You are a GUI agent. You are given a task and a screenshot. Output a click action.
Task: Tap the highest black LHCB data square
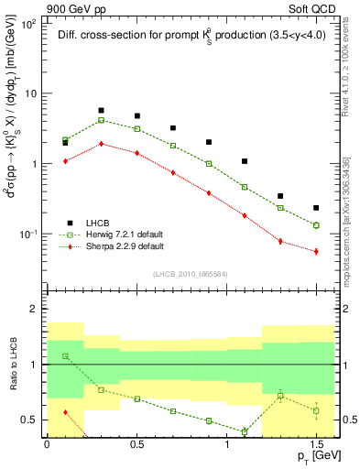pos(101,110)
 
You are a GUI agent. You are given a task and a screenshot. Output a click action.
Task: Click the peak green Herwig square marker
pos(101,120)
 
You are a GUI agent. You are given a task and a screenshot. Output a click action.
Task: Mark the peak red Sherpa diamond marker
pos(101,143)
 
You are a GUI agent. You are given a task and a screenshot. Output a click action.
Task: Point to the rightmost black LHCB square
pos(316,208)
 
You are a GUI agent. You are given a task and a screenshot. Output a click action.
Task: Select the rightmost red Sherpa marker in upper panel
pos(316,251)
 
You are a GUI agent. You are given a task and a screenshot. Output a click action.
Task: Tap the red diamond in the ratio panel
pos(65,412)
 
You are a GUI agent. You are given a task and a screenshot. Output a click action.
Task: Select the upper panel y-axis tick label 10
pos(30,93)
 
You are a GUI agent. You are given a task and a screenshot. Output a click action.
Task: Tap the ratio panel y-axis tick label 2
pos(36,310)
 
